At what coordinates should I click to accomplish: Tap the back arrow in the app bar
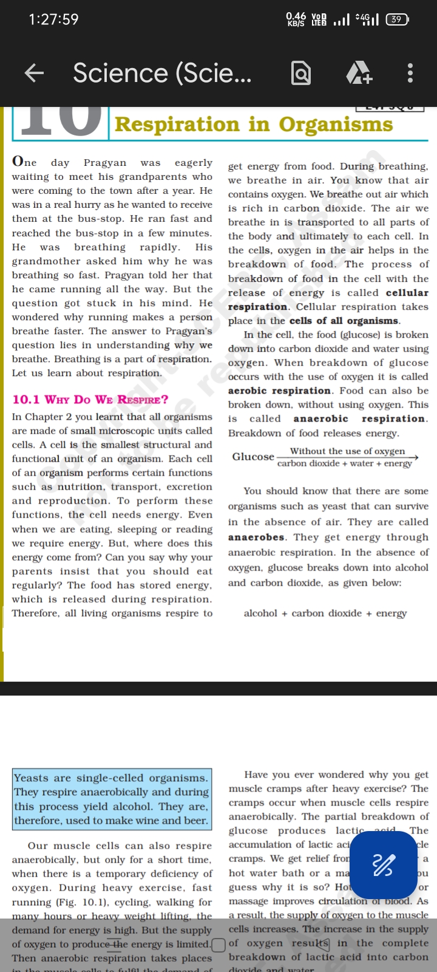[35, 74]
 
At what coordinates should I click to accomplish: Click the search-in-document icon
[301, 74]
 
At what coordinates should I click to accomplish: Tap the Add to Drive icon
[359, 74]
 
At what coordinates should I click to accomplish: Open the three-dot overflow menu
[410, 74]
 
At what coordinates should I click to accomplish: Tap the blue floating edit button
[384, 865]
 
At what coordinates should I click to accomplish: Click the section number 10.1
[25, 400]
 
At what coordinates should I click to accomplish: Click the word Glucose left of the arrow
[253, 456]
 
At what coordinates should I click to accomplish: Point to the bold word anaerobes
[256, 537]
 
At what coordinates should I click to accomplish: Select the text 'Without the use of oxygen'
[347, 451]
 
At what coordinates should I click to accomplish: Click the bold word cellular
[407, 293]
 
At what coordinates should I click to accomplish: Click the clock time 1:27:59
[54, 19]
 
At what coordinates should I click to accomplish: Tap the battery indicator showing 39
[397, 19]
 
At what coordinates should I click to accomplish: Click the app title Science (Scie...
[162, 74]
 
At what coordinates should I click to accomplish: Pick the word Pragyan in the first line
[105, 163]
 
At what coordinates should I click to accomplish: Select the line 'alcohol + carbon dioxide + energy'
[325, 613]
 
